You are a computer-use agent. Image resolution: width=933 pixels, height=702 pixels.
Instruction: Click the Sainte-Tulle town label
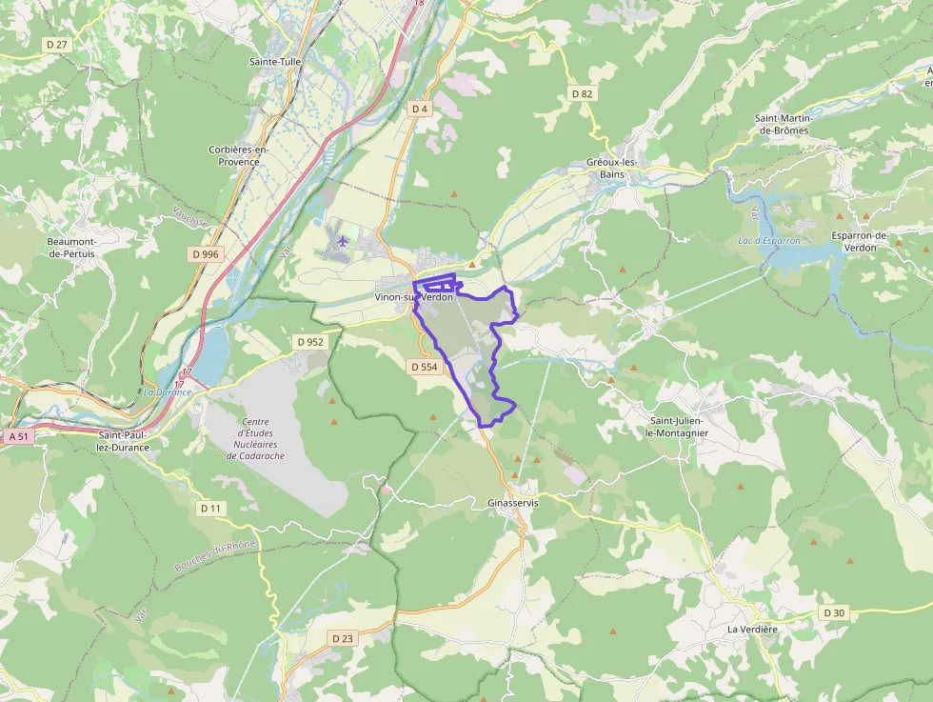click(275, 62)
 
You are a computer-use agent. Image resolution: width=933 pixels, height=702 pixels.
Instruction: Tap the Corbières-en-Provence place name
click(239, 155)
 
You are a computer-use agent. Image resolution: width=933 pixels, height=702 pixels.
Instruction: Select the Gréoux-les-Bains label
click(611, 168)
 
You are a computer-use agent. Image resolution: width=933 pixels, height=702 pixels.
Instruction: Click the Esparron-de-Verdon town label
click(860, 241)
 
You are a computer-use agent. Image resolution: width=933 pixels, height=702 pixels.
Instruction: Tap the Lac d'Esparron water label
click(769, 241)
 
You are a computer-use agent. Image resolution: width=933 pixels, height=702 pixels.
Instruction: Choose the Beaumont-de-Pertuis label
click(72, 247)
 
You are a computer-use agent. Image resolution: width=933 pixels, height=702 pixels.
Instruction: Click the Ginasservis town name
click(512, 502)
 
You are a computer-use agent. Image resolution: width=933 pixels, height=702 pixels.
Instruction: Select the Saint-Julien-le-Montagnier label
click(678, 426)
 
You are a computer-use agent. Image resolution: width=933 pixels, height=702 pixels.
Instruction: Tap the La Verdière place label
click(752, 630)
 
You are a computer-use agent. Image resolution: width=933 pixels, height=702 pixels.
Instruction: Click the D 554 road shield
click(425, 367)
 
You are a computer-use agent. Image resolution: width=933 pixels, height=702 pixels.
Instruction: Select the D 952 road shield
click(310, 342)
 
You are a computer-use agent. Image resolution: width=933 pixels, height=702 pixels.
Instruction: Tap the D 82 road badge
click(582, 93)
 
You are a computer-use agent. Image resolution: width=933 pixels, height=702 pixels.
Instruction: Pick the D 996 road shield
click(205, 253)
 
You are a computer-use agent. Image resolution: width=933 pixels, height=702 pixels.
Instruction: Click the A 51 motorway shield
click(17, 436)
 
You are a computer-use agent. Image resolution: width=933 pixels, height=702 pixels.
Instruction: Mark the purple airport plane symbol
click(343, 241)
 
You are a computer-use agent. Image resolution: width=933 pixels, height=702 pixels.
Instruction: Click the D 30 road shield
click(834, 612)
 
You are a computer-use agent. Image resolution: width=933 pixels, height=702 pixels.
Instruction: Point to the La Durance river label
click(167, 391)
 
